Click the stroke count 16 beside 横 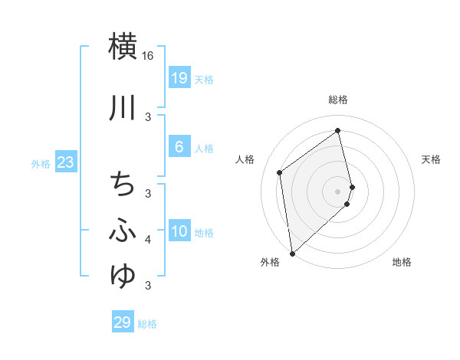(148, 57)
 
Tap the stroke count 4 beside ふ (148, 241)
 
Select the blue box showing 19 (179, 78)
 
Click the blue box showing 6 (179, 147)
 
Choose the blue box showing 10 (179, 231)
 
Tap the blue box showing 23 (65, 162)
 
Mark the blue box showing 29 (123, 322)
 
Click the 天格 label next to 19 (204, 79)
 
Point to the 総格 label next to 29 (147, 324)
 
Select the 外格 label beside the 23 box (40, 163)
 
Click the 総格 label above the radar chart (338, 100)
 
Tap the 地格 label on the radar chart (402, 263)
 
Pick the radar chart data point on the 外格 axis (291, 254)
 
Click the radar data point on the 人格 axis (280, 172)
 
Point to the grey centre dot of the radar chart (338, 191)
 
